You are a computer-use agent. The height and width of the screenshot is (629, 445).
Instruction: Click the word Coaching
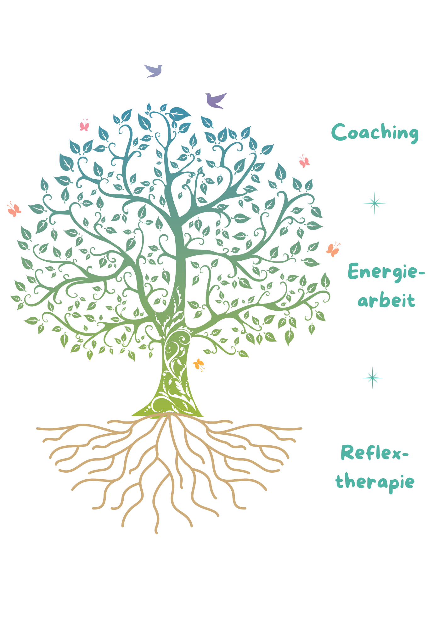tap(375, 133)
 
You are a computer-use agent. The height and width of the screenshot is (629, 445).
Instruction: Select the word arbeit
tap(386, 300)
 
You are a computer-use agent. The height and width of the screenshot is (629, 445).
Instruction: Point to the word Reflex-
tap(375, 453)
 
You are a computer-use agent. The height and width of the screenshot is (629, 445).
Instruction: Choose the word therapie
tap(375, 482)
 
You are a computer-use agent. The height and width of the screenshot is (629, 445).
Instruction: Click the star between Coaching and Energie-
tap(375, 203)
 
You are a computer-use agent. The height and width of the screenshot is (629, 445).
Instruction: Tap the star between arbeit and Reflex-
tap(373, 378)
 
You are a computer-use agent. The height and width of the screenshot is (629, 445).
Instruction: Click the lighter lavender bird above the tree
tap(154, 71)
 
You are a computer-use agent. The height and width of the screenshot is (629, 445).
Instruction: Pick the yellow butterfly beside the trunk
tap(199, 365)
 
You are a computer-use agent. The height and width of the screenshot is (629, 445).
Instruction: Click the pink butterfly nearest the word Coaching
tap(304, 161)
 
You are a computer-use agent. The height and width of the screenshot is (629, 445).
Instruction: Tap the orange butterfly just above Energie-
tap(333, 250)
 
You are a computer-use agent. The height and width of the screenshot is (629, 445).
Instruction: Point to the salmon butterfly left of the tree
tap(14, 209)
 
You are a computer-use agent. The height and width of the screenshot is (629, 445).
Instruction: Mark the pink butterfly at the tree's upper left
tap(84, 125)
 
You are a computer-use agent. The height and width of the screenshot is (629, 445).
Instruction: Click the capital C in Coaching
tap(339, 132)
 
